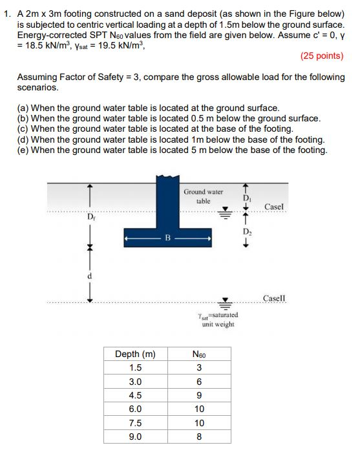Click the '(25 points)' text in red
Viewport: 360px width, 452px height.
coord(322,56)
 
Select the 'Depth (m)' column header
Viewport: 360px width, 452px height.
coord(135,354)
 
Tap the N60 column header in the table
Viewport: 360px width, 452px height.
coord(199,354)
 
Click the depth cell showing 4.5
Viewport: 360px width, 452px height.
coord(135,395)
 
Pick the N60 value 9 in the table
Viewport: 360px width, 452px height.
coord(199,395)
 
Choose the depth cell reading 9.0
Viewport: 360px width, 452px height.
coord(135,437)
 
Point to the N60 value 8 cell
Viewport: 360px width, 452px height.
coord(199,437)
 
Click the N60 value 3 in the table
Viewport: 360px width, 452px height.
coord(199,367)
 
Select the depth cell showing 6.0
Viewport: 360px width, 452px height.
coord(135,409)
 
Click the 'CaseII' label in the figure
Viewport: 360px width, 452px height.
coord(275,298)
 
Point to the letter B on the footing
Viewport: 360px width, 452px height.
coord(167,238)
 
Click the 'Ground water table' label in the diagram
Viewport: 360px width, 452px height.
coord(203,196)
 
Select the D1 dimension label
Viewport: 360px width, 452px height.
coord(247,197)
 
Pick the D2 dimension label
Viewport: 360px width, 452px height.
coord(247,232)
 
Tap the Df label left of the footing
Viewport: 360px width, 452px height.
coord(90,216)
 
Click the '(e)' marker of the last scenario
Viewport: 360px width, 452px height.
coord(23,150)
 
